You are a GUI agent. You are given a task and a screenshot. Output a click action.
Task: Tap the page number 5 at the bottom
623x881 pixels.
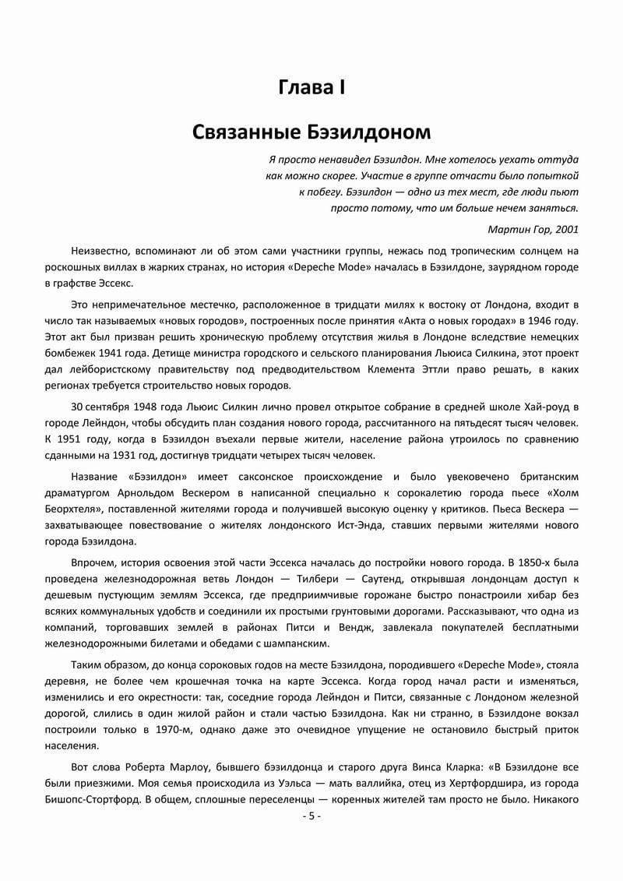click(x=311, y=816)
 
